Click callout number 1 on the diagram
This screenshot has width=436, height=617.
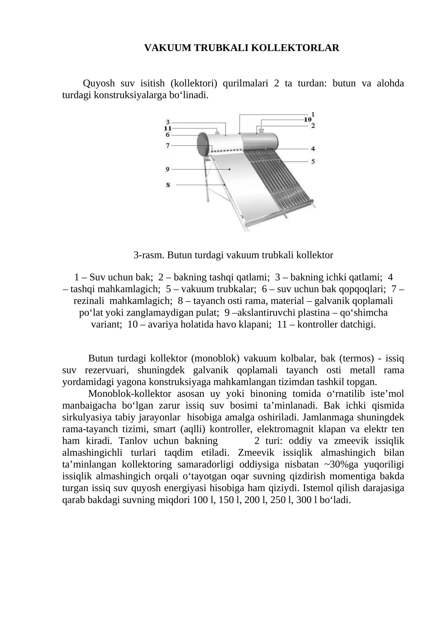[313, 114]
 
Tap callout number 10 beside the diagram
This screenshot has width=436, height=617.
[308, 119]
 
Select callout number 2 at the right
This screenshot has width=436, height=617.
[313, 126]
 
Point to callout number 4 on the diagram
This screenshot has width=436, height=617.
[313, 149]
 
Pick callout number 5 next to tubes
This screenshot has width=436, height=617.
[313, 161]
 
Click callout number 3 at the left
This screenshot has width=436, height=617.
[168, 122]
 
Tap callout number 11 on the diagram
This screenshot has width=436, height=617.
[168, 128]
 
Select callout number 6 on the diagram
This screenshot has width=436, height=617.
[168, 135]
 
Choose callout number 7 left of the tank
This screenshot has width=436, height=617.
[168, 146]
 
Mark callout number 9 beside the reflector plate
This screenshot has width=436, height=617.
[168, 169]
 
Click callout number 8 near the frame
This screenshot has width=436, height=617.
[168, 185]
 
